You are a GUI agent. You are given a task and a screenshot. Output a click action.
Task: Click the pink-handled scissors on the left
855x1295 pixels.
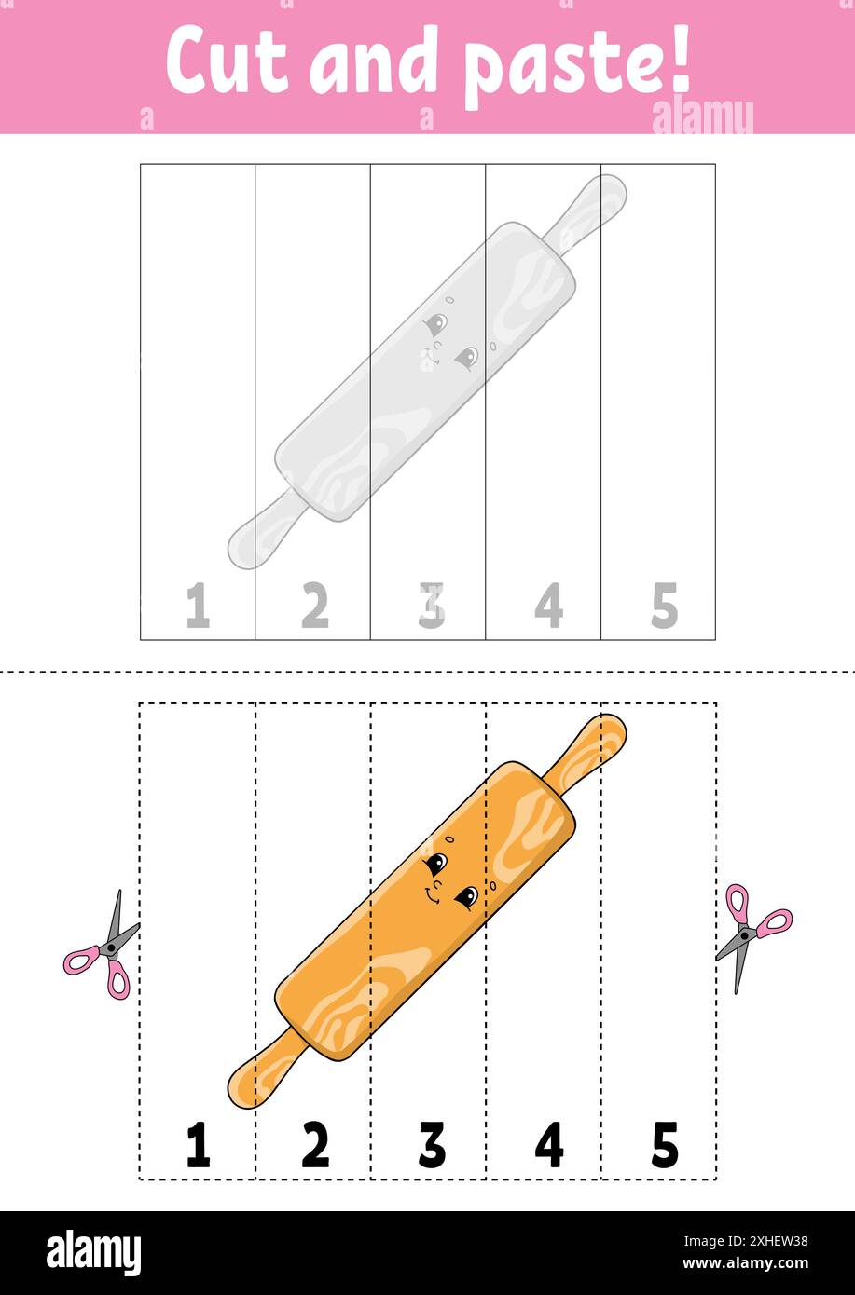[x=103, y=947]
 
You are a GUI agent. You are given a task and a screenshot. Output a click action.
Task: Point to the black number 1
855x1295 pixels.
[x=198, y=1145]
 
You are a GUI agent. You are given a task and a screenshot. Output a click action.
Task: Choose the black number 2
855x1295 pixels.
[x=315, y=1145]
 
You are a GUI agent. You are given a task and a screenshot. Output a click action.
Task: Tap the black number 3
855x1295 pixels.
[x=432, y=1145]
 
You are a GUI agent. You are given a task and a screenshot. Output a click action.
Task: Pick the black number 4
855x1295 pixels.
[x=548, y=1145]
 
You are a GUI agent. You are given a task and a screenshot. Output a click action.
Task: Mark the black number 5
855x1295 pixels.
[x=664, y=1145]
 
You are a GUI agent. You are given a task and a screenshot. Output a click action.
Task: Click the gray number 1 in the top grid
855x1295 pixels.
[x=198, y=606]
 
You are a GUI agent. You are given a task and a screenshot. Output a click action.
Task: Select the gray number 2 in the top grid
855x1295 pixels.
[x=315, y=606]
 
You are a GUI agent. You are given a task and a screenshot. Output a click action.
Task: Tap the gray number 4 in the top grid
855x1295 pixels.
[x=548, y=606]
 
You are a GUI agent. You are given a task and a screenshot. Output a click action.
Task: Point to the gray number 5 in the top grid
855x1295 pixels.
[x=664, y=606]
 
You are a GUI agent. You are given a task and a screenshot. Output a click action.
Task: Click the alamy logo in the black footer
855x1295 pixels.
[x=93, y=1253]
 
